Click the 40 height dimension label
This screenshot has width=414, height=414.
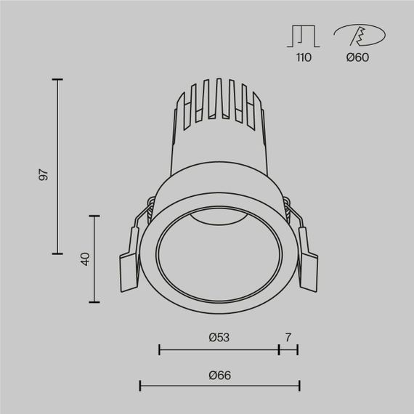85,259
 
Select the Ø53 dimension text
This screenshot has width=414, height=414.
219,337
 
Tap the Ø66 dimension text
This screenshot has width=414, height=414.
219,375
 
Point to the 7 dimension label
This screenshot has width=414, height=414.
288,337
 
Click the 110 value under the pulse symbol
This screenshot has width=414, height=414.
304,57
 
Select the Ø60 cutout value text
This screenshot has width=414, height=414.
357,57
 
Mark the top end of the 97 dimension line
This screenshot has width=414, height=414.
57,79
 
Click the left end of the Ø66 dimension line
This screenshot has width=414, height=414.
139,386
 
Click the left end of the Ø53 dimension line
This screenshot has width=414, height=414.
159,349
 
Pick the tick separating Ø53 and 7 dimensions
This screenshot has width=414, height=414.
279,349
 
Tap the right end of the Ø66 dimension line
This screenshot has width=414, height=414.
299,386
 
